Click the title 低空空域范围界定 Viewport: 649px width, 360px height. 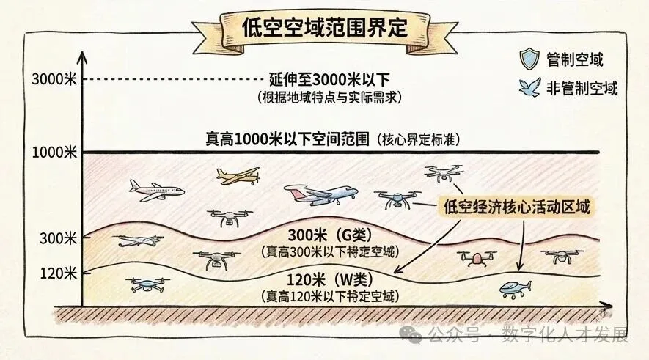pyautogui.click(x=324, y=27)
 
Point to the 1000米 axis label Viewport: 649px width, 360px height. pyautogui.click(x=55, y=153)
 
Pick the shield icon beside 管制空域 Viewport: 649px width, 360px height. pyautogui.click(x=527, y=59)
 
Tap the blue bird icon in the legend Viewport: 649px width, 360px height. pyautogui.click(x=527, y=89)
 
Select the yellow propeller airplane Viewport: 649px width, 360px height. pyautogui.click(x=238, y=175)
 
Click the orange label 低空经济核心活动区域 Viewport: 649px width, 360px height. pyautogui.click(x=517, y=207)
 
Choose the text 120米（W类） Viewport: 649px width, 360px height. pyautogui.click(x=329, y=281)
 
